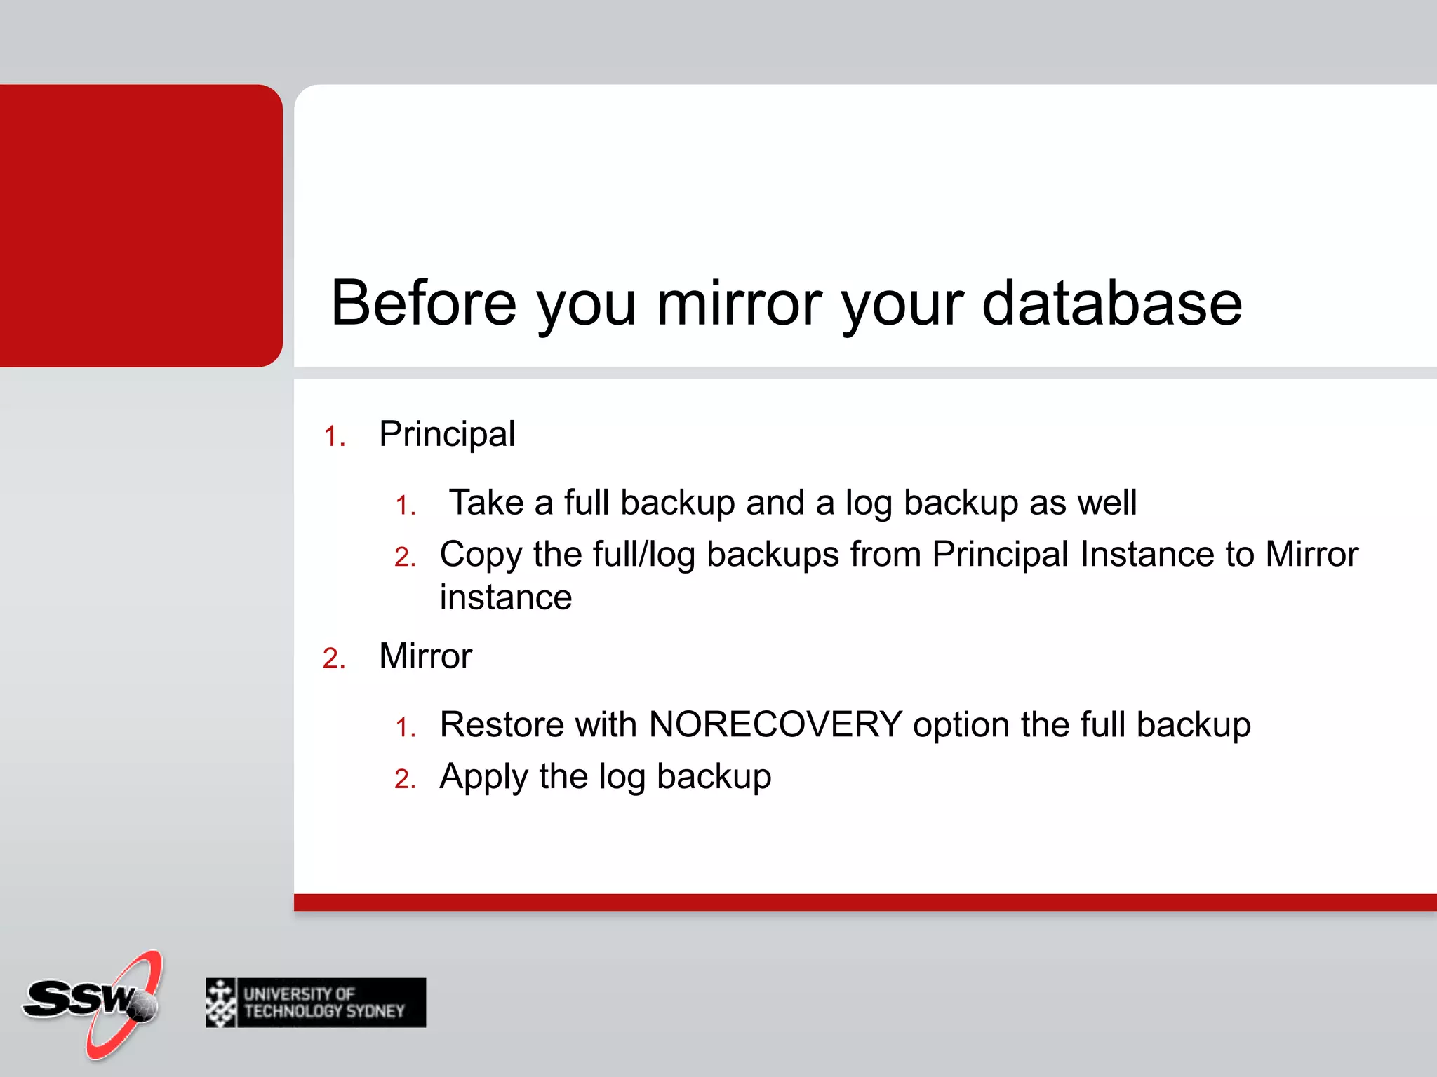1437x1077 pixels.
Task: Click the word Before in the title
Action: tap(423, 303)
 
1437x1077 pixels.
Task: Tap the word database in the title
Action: tap(1111, 303)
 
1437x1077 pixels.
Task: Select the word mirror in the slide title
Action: tap(740, 303)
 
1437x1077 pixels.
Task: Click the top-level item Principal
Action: tap(447, 434)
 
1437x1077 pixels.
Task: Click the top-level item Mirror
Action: tap(425, 656)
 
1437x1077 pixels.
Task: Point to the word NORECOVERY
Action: tap(775, 724)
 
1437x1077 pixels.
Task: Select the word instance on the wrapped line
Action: tap(506, 597)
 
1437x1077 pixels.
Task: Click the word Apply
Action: tap(483, 777)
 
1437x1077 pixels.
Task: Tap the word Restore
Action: tap(501, 724)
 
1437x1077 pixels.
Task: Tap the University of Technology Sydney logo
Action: tap(316, 1003)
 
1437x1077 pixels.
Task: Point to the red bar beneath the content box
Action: tap(863, 902)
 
